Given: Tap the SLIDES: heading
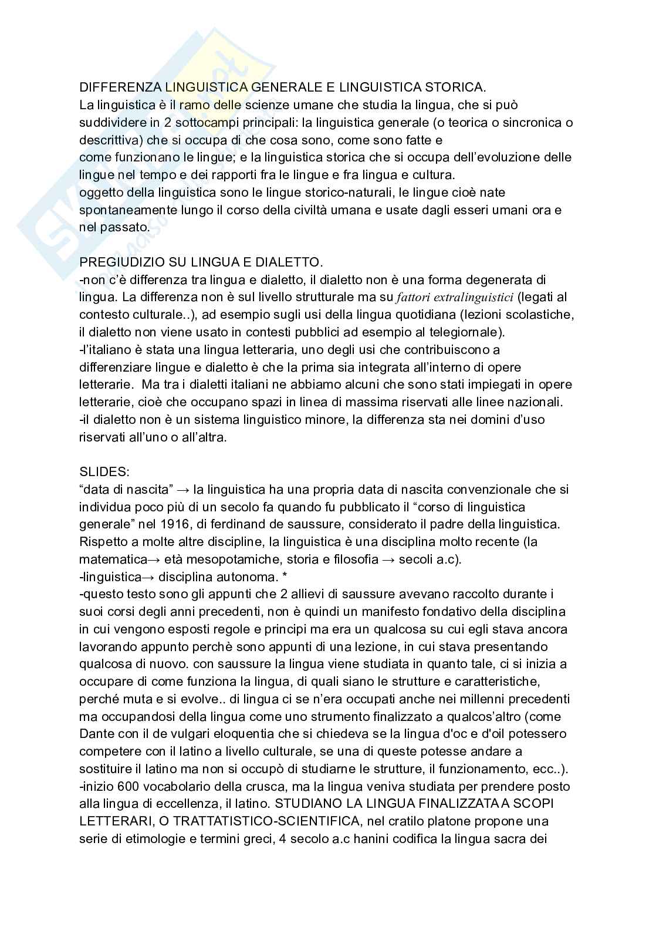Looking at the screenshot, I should tap(99, 471).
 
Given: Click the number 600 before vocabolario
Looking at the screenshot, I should tap(127, 786).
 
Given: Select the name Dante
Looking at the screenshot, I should tap(95, 734).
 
